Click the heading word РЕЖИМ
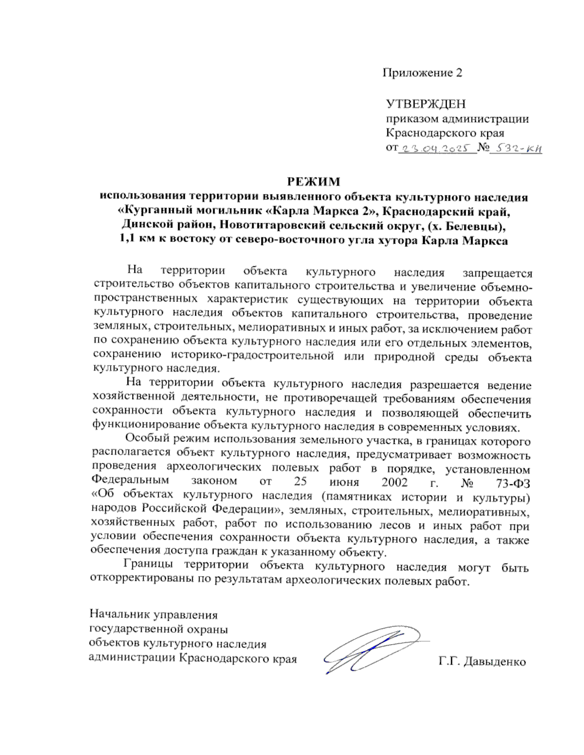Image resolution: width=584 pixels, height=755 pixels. click(x=314, y=182)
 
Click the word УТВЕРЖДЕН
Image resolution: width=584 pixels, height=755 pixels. click(x=425, y=104)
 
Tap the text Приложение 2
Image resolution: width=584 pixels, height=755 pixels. click(x=422, y=73)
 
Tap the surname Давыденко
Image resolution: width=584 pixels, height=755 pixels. click(x=495, y=662)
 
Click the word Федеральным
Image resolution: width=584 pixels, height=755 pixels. click(x=130, y=481)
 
